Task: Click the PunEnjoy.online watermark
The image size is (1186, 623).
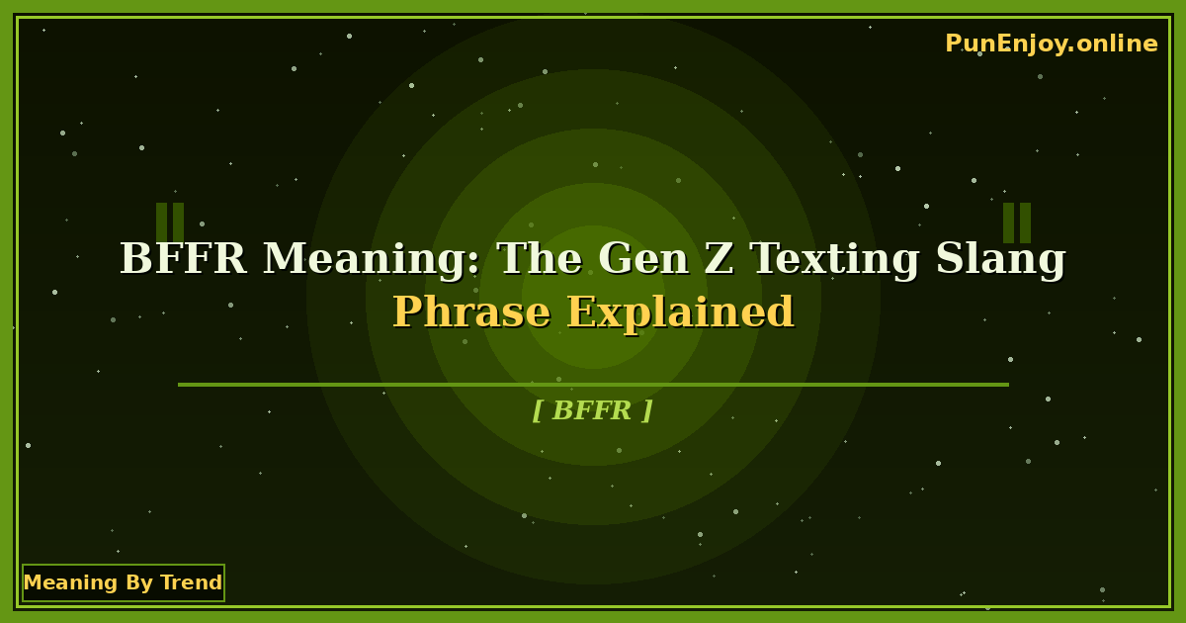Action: click(x=1051, y=44)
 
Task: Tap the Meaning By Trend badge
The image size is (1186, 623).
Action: click(x=124, y=582)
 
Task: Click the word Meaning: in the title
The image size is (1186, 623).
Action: click(x=372, y=259)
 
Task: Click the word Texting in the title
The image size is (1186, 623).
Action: click(x=835, y=259)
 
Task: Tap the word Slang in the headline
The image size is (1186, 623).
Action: click(x=1001, y=259)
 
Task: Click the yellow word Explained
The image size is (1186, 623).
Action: click(x=681, y=312)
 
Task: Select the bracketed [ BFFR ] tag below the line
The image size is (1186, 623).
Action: click(x=592, y=410)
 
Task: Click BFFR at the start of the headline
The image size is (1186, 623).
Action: click(x=183, y=259)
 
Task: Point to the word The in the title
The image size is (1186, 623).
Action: click(x=539, y=259)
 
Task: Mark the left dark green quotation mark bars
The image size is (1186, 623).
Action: click(x=170, y=222)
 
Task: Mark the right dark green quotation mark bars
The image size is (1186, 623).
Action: click(x=1017, y=222)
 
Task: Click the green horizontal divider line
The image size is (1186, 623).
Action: click(x=593, y=385)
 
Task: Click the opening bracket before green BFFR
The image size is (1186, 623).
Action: click(x=537, y=410)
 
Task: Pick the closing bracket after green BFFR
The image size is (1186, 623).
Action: click(x=647, y=410)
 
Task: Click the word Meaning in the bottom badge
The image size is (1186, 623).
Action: click(x=57, y=582)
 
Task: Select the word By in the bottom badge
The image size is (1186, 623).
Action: click(x=135, y=582)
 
